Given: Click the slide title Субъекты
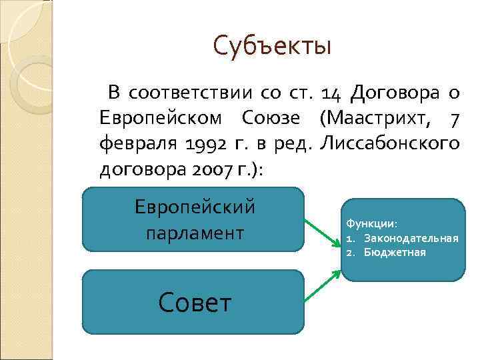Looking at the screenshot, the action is tap(272, 46).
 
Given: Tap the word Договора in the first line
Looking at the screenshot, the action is tap(395, 92).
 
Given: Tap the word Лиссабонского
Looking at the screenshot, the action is tap(390, 143).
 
